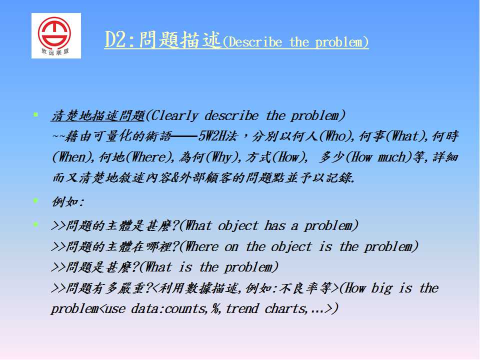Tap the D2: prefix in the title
pyautogui.click(x=119, y=40)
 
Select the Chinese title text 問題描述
pyautogui.click(x=179, y=40)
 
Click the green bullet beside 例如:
pyautogui.click(x=36, y=201)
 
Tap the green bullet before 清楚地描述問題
pyautogui.click(x=36, y=115)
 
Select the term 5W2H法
pyautogui.click(x=217, y=136)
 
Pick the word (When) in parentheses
pyautogui.click(x=73, y=157)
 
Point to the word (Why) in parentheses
pyautogui.click(x=223, y=157)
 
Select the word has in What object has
pyautogui.click(x=274, y=226)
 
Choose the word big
pyautogui.click(x=381, y=288)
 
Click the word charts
pyautogui.click(x=285, y=308)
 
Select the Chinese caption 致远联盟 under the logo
pyautogui.click(x=55, y=52)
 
